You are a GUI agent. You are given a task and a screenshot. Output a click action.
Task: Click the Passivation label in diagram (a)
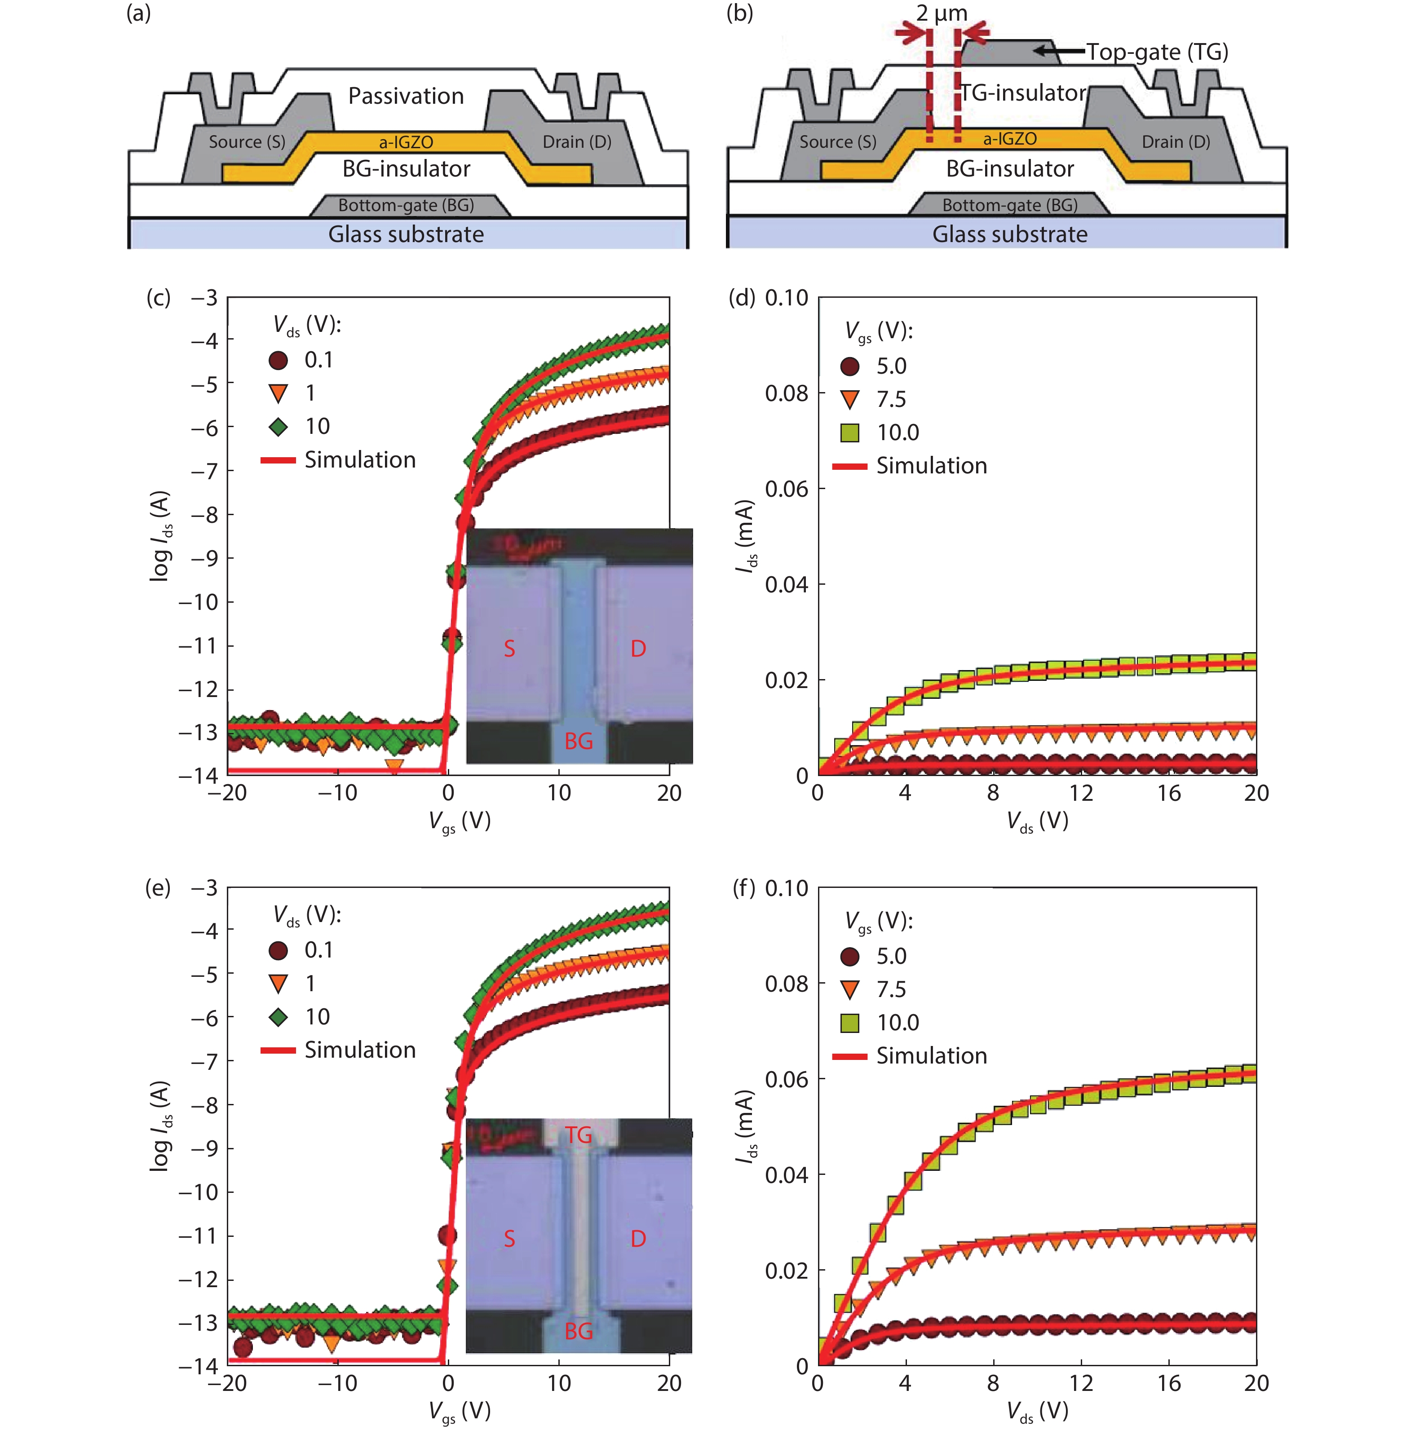coord(406,96)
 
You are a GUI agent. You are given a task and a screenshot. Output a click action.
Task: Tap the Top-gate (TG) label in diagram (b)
coord(1157,52)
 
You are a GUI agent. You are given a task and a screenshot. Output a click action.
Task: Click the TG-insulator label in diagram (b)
coord(1023,93)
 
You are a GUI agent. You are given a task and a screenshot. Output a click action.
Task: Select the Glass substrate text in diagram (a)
coord(406,234)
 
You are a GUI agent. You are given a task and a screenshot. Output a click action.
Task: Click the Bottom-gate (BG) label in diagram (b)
coord(1009,205)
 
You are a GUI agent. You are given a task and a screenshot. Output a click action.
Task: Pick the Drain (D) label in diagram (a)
coord(577,142)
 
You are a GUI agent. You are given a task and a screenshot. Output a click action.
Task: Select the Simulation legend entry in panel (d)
coord(931,466)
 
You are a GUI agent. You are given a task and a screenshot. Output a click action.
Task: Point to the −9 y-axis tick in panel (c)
coord(203,558)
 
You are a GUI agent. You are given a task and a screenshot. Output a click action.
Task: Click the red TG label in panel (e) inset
coord(578,1134)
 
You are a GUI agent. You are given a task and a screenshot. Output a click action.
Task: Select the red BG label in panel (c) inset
coord(578,741)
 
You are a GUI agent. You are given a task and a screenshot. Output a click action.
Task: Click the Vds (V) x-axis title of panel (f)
coord(1037,1411)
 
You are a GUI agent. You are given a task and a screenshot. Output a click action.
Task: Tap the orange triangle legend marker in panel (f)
coord(850,989)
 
